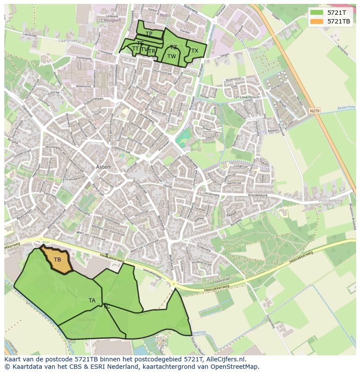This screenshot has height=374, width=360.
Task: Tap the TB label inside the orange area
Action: pos(57,260)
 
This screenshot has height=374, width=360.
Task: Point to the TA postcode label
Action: pos(92,300)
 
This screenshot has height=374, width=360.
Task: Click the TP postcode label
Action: pos(149,34)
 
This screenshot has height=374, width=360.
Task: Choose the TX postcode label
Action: pos(195,51)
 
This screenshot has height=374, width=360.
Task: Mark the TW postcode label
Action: pos(172,56)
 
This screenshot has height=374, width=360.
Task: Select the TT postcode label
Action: pos(135,49)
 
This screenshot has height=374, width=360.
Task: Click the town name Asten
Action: pos(103,167)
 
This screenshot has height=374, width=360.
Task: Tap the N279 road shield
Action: pos(314,111)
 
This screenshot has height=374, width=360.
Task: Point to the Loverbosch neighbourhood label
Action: pos(250,97)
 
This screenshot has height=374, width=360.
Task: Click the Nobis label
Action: pos(165,15)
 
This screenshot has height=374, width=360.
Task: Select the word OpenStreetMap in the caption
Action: pos(231,367)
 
